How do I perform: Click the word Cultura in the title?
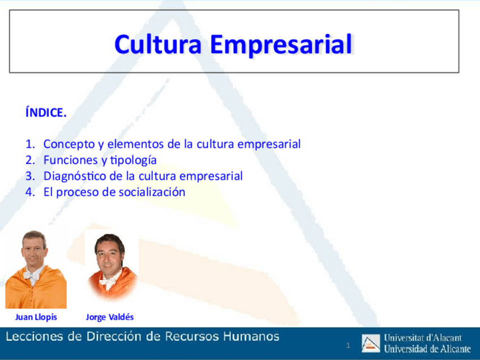[158, 44]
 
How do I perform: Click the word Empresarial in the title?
[281, 45]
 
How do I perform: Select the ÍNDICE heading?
[46, 112]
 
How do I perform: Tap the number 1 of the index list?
[30, 144]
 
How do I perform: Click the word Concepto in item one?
[69, 144]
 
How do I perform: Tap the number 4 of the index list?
[30, 192]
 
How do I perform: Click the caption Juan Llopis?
[36, 317]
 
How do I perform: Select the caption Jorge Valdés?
[110, 317]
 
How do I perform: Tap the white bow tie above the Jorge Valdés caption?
[107, 282]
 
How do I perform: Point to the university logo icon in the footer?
[370, 343]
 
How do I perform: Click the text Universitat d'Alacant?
[423, 338]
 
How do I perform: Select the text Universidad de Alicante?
[427, 349]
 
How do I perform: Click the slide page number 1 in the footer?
[348, 346]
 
